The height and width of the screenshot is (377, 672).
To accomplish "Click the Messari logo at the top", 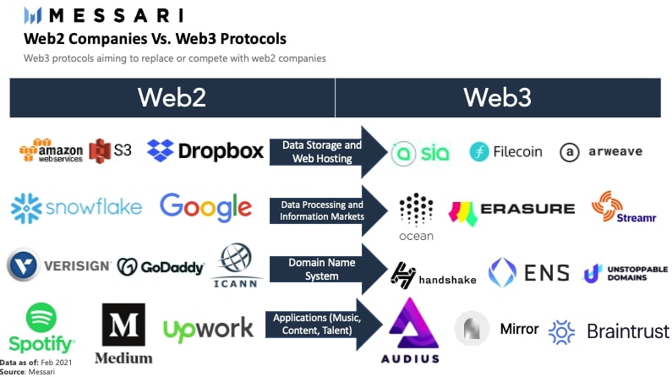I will pos(102,14).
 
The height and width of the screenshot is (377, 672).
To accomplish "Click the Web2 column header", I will pos(172,97).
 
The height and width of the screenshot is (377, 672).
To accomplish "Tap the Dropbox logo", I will pos(205,150).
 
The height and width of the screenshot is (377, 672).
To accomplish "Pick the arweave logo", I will pos(601,152).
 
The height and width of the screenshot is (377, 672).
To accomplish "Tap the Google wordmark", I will pos(205,206).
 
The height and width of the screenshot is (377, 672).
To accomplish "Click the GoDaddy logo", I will pos(161,267).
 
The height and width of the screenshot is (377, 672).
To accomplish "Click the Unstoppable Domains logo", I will pos(626,273).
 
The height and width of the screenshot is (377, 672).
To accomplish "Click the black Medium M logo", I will pos(123,325).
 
